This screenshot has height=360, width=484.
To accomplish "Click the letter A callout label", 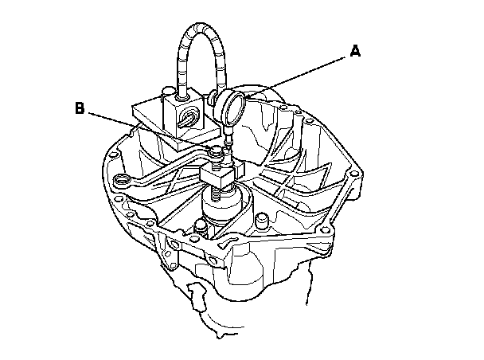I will pyautogui.click(x=355, y=53).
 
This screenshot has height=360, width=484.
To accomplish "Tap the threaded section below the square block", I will pyautogui.click(x=217, y=194).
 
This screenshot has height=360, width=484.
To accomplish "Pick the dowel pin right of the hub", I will pyautogui.click(x=260, y=216).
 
